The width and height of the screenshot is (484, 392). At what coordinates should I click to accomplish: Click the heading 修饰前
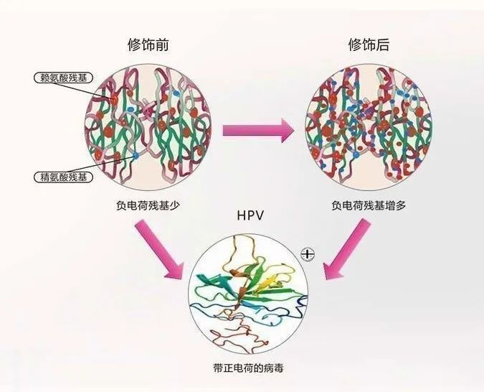click(x=148, y=45)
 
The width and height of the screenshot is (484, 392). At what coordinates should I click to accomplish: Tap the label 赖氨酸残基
click(x=62, y=78)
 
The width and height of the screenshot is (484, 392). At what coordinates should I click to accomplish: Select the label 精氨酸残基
click(x=61, y=175)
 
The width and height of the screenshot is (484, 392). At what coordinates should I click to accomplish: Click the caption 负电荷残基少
click(x=148, y=205)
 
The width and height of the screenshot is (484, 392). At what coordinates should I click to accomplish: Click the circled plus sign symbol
click(x=308, y=253)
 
